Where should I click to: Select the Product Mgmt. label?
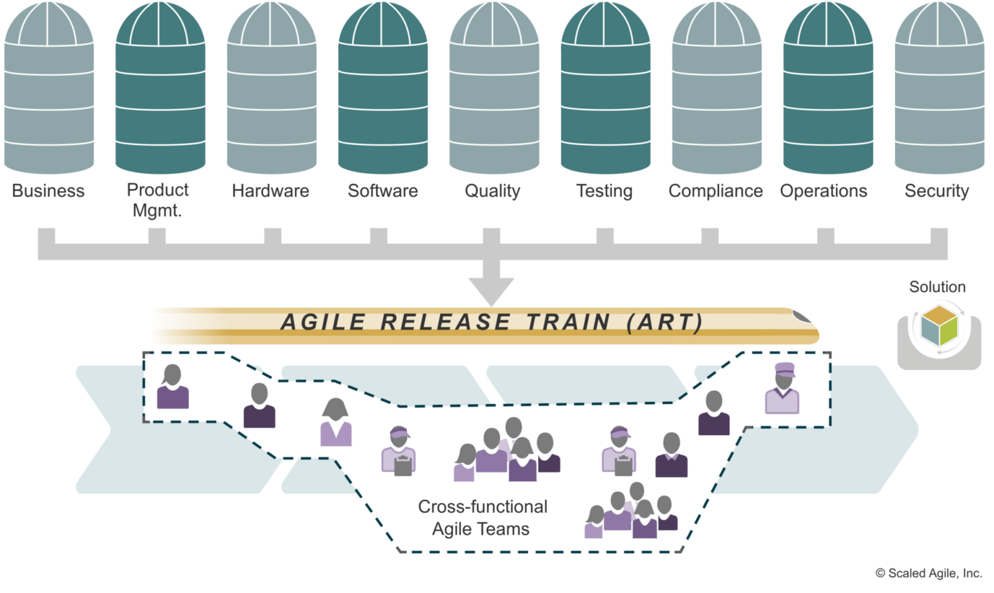click(x=157, y=199)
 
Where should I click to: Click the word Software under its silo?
click(x=382, y=191)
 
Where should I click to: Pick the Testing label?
click(x=604, y=191)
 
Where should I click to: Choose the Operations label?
click(x=823, y=191)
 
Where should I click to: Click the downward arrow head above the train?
click(x=492, y=291)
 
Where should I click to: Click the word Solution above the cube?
click(x=937, y=287)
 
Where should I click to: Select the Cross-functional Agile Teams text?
click(x=482, y=518)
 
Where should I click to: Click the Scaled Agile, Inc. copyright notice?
click(x=927, y=573)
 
